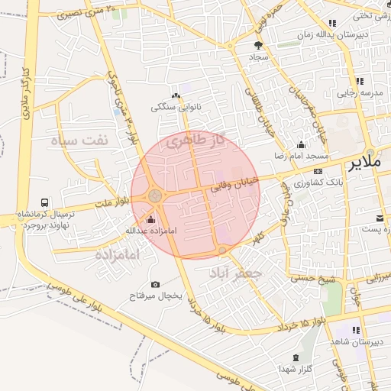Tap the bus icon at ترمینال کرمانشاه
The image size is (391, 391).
[x=46, y=203]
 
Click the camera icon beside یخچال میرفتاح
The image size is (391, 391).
[x=156, y=284]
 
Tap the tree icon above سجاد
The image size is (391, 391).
[x=257, y=45]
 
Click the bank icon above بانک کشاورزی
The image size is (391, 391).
[x=318, y=172]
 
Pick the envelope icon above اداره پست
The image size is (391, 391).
[x=380, y=219]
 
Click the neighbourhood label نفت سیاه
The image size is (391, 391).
[x=75, y=141]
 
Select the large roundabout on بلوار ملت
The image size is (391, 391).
[x=156, y=196]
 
